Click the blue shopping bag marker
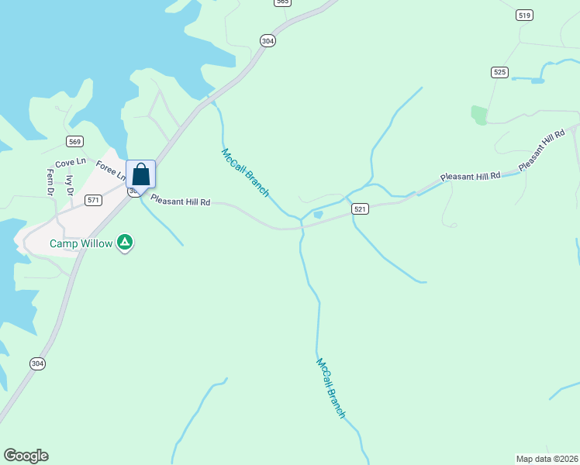click(x=140, y=174)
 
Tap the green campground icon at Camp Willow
click(x=125, y=243)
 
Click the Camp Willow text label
click(x=81, y=243)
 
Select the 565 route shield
click(x=282, y=2)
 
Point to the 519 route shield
click(x=525, y=15)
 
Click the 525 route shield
click(x=499, y=72)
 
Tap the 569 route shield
click(x=74, y=141)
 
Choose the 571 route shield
click(x=93, y=200)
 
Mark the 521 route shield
click(x=359, y=209)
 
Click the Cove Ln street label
click(x=70, y=162)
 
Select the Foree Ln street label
click(x=111, y=170)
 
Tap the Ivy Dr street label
click(x=70, y=185)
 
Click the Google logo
click(x=26, y=456)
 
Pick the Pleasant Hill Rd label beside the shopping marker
click(x=180, y=201)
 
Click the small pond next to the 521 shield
click(x=318, y=215)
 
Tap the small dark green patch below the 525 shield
click(x=478, y=115)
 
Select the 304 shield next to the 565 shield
click(x=268, y=41)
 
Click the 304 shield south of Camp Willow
click(x=37, y=363)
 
